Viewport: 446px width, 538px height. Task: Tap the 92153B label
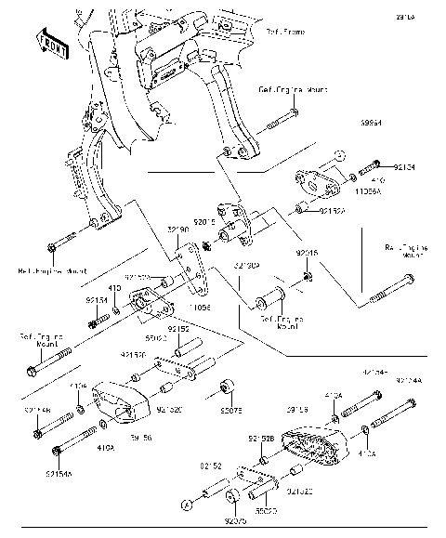(260, 438)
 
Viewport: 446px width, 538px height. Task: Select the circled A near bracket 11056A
(339, 151)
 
